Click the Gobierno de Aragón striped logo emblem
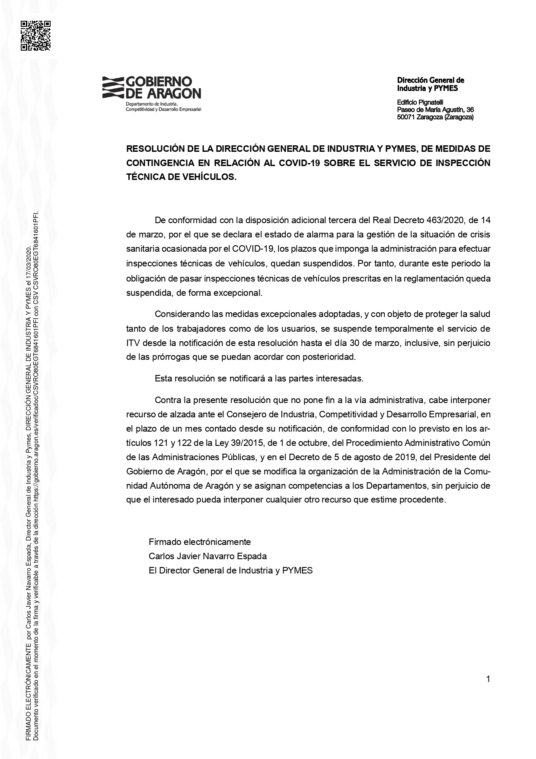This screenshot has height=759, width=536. pyautogui.click(x=112, y=87)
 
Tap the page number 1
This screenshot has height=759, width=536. pyautogui.click(x=488, y=679)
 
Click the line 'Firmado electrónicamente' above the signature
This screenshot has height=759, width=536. pyautogui.click(x=200, y=541)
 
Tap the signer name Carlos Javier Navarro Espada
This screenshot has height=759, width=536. pyautogui.click(x=207, y=556)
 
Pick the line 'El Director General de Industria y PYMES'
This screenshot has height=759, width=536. pyautogui.click(x=230, y=570)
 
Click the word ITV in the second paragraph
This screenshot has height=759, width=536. pyautogui.click(x=132, y=343)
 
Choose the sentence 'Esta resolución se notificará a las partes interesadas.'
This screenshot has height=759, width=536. pyautogui.click(x=259, y=378)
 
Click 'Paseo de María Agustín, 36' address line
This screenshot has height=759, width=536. pyautogui.click(x=435, y=110)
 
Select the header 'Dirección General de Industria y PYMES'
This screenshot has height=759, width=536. pyautogui.click(x=431, y=84)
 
